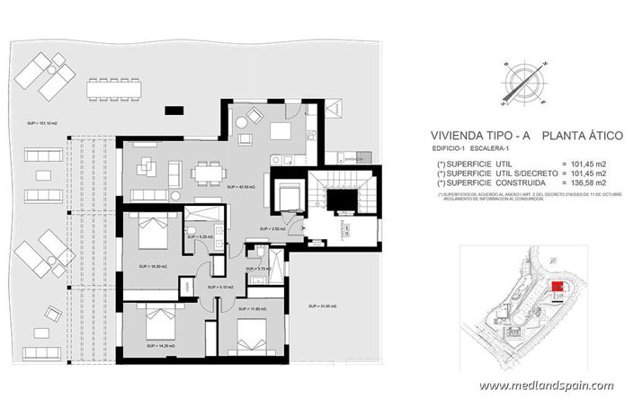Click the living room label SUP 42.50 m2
point(242,187)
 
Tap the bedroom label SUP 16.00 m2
point(152,267)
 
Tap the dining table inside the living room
point(209,169)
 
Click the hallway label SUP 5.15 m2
point(219,287)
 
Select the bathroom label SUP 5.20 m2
point(202,237)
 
